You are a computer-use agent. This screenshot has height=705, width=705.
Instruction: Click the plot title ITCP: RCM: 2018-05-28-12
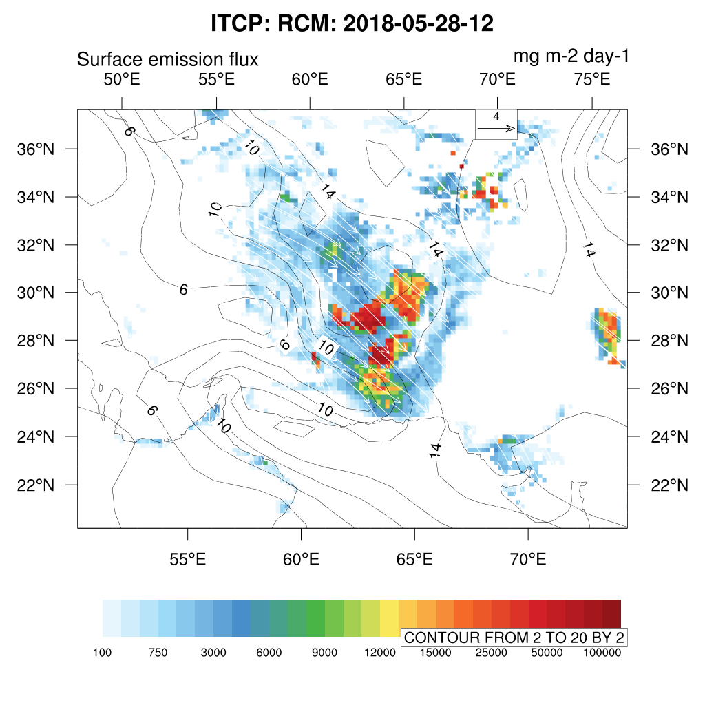[352, 23]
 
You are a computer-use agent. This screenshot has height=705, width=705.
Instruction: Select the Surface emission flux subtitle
[167, 59]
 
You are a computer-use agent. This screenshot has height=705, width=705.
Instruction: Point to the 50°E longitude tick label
[122, 79]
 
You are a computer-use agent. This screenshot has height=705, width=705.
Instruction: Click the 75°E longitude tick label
[592, 79]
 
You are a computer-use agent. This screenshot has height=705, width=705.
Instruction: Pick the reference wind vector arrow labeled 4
[496, 127]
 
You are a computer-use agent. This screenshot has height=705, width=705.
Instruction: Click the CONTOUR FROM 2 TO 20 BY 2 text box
[514, 638]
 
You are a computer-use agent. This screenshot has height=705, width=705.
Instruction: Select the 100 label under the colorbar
[103, 653]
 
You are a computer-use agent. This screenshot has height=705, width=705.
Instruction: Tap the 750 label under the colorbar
[158, 653]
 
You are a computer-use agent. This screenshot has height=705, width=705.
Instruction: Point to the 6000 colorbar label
[269, 653]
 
